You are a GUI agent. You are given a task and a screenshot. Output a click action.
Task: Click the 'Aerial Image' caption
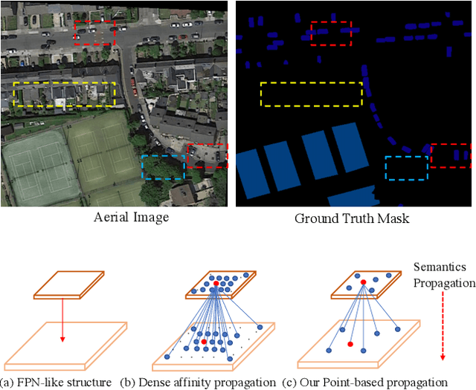(x=131, y=218)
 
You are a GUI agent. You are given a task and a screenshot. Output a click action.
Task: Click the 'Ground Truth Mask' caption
(x=351, y=218)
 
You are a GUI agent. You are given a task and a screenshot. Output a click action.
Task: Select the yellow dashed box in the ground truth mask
(x=311, y=94)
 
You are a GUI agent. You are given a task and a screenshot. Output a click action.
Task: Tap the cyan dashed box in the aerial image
(x=163, y=167)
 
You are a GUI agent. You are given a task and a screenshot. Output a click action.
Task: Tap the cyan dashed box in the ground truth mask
(x=407, y=168)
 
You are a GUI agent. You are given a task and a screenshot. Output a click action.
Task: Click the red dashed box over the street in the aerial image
(x=95, y=33)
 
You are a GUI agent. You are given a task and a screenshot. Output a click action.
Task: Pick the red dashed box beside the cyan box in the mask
(x=451, y=156)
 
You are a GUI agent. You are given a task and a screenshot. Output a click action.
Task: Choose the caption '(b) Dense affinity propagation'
(x=198, y=383)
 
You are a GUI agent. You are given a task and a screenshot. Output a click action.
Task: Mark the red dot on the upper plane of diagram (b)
(x=216, y=284)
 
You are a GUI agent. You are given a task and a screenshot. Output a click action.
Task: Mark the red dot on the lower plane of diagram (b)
(x=205, y=342)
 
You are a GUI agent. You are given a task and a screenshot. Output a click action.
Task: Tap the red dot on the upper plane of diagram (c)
(x=363, y=282)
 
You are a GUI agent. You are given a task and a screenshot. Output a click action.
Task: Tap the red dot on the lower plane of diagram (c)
(x=350, y=345)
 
